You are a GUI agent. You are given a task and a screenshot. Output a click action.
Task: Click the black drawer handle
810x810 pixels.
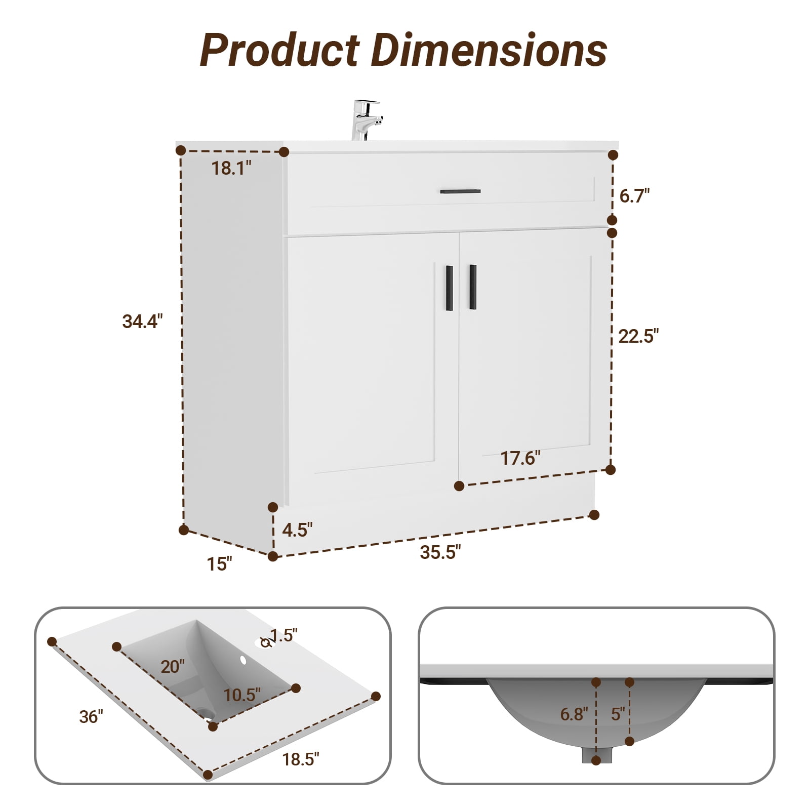point(460,191)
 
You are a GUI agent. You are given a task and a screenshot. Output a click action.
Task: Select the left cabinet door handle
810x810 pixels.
point(449,288)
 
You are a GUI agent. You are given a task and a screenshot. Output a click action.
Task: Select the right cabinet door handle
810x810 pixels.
point(473,287)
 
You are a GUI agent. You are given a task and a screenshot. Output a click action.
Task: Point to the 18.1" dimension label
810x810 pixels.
point(231,168)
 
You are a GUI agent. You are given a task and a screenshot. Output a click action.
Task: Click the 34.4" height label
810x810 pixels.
point(142,321)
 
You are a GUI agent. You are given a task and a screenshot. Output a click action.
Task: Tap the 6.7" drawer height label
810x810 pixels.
point(634,195)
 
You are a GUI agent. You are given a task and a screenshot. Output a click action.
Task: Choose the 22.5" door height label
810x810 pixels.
point(638,336)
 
